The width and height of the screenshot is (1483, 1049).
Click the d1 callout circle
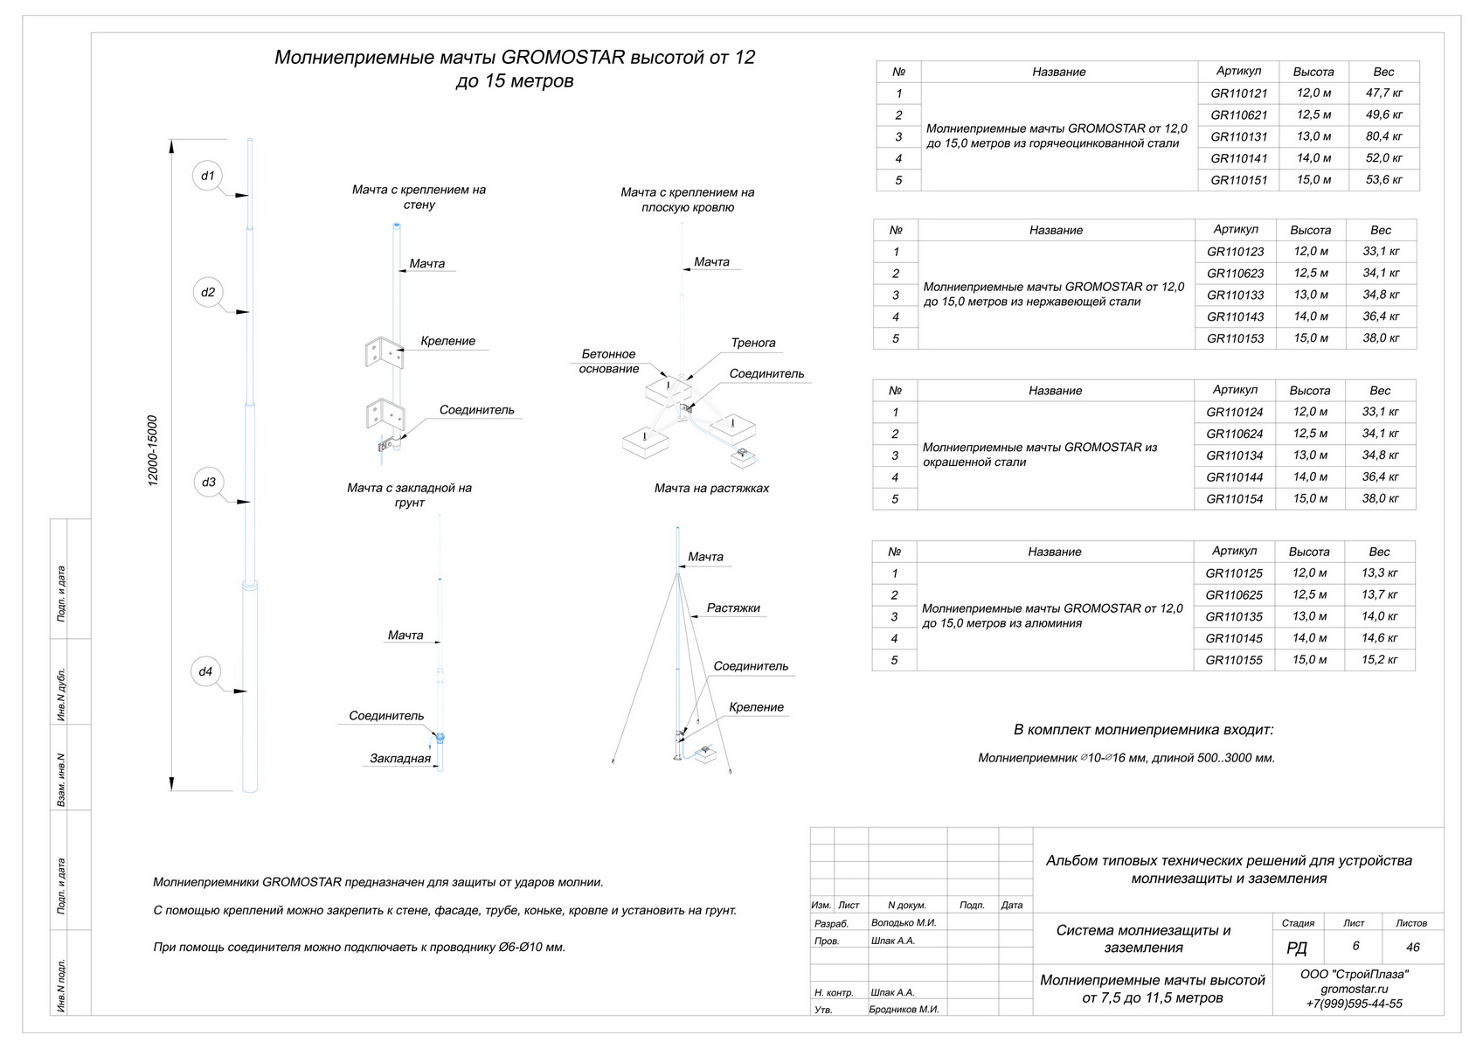pyautogui.click(x=207, y=176)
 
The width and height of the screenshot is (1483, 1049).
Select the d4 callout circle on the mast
pyautogui.click(x=205, y=671)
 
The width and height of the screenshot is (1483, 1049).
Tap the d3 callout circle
pyautogui.click(x=208, y=482)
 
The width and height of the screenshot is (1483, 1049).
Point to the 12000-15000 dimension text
pyautogui.click(x=153, y=450)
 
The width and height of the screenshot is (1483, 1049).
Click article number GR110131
pyautogui.click(x=1238, y=136)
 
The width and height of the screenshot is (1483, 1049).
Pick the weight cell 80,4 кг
pyautogui.click(x=1383, y=136)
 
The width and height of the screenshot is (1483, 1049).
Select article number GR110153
pyautogui.click(x=1235, y=338)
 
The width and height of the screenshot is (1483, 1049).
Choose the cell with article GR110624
pyautogui.click(x=1234, y=434)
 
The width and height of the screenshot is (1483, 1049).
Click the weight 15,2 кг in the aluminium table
pyautogui.click(x=1379, y=660)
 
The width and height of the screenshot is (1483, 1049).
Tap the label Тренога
pyautogui.click(x=752, y=343)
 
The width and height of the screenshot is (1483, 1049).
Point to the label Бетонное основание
pyautogui.click(x=608, y=361)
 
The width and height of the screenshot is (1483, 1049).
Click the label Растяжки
pyautogui.click(x=733, y=608)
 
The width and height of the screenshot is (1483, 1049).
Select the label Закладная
pyautogui.click(x=399, y=758)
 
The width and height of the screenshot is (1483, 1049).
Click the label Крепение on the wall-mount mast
pyautogui.click(x=447, y=341)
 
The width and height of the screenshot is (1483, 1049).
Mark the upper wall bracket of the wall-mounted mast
pyautogui.click(x=382, y=351)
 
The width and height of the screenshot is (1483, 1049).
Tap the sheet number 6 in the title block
pyautogui.click(x=1355, y=946)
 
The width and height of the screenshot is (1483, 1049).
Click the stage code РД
pyautogui.click(x=1297, y=948)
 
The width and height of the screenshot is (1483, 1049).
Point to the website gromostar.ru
pyautogui.click(x=1354, y=989)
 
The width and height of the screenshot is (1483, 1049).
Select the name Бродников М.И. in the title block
pyautogui.click(x=904, y=1009)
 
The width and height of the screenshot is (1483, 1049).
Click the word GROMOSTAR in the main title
pyautogui.click(x=563, y=58)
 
